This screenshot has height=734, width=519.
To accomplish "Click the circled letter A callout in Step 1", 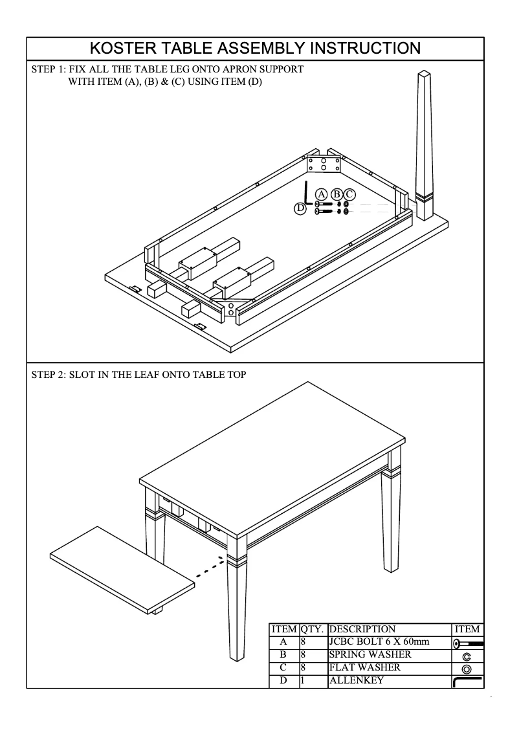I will point(322,194).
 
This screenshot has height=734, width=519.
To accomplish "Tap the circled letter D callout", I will point(300,208).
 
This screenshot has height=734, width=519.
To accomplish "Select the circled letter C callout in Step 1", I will point(349,194).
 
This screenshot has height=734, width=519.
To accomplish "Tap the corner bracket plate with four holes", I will point(323,164).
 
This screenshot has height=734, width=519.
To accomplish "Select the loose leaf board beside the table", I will point(123,570).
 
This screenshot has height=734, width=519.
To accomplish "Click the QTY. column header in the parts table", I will point(313,629).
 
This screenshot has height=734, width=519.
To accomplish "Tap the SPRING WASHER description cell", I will point(370,654).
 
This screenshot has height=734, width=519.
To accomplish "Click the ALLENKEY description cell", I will point(356,680).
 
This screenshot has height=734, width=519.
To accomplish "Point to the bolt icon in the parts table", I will point(467,643).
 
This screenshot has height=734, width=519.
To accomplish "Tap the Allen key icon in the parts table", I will point(467,682).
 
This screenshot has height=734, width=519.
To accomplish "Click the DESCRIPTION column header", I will point(362,629).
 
